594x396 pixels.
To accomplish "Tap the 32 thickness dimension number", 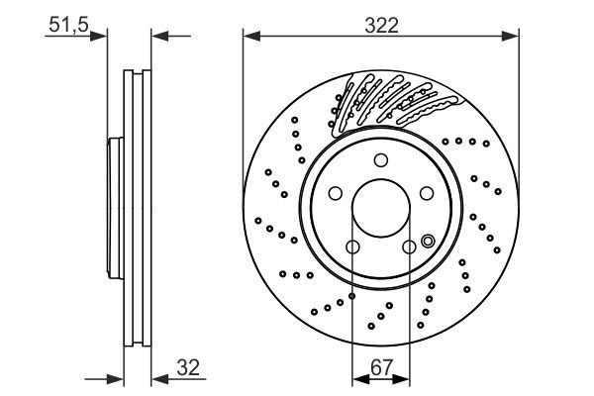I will [186, 368].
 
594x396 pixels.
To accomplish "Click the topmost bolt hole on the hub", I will [381, 161].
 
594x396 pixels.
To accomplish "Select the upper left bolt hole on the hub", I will [335, 194].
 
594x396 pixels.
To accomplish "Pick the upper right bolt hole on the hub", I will [428, 194].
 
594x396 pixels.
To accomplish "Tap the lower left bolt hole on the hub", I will [352, 247].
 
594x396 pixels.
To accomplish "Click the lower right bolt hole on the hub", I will [410, 247].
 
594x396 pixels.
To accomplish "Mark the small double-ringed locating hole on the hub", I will [428, 240].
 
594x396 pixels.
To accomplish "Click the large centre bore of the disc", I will [381, 210].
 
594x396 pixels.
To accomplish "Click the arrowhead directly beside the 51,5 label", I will [98, 38].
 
